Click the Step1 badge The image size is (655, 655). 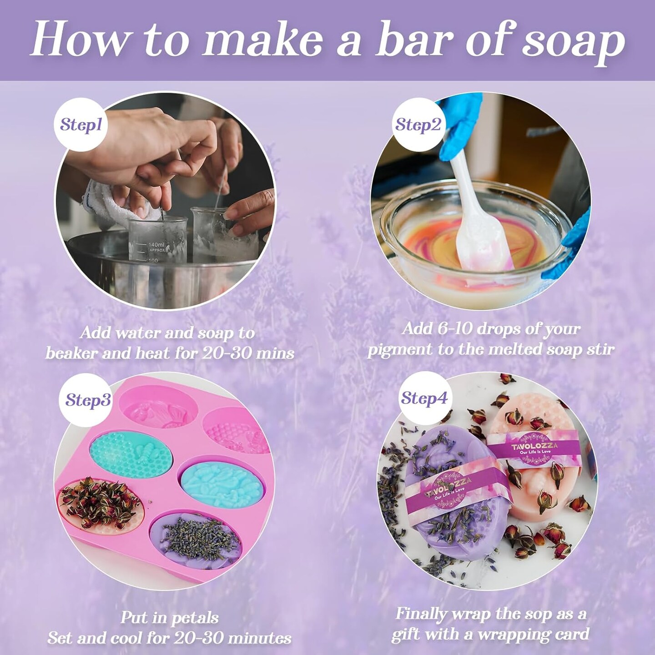click(81, 125)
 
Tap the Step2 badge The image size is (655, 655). click(418, 125)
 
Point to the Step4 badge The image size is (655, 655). click(424, 398)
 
